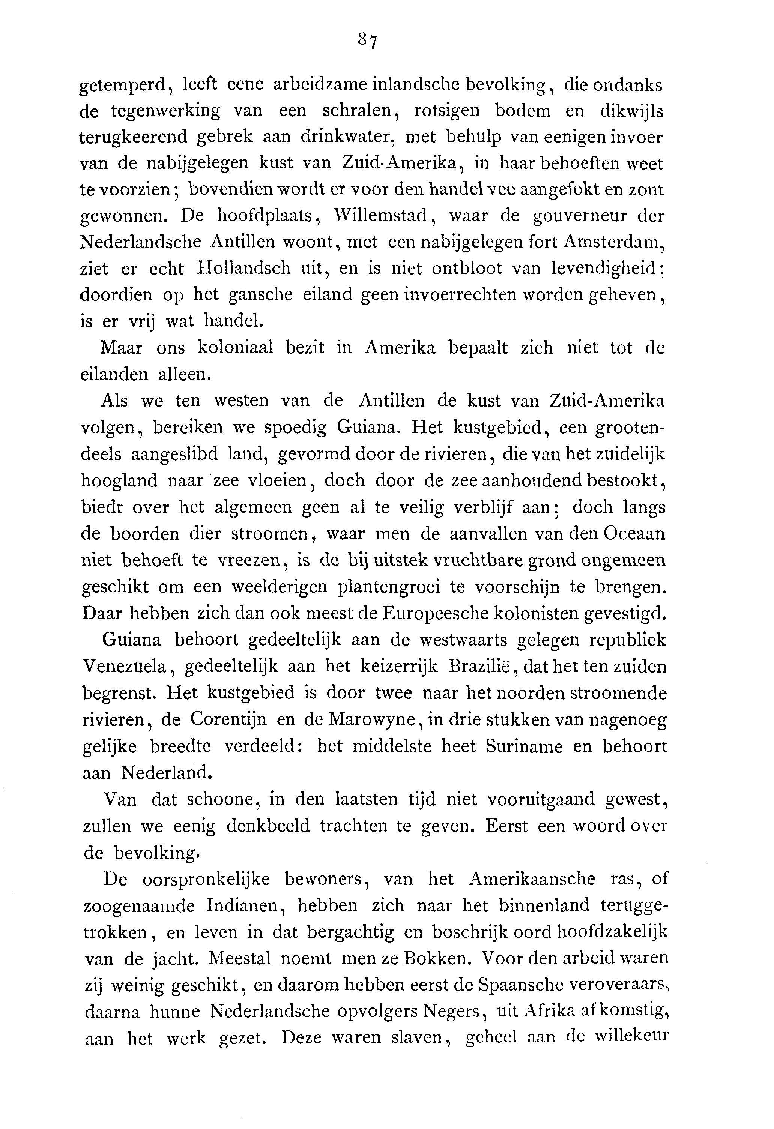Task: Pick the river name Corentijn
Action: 228,719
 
